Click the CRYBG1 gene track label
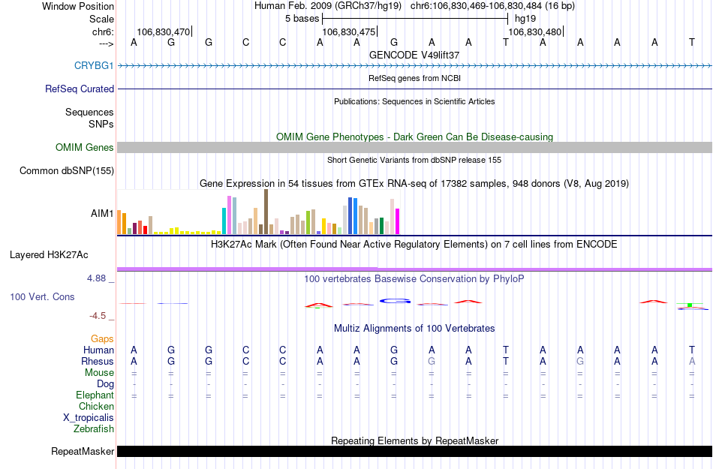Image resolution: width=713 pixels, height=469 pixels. pos(94,66)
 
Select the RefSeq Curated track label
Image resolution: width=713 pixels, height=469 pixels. pos(80,89)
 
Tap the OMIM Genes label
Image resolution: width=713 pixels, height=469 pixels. pos(85,148)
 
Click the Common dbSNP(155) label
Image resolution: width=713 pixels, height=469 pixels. pos(67,171)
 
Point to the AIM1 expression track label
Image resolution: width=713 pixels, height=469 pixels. pos(103,214)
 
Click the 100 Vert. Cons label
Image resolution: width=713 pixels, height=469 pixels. pos(42,297)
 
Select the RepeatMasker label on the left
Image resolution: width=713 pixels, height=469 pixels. pos(83,452)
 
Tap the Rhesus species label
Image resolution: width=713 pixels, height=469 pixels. pos(98,362)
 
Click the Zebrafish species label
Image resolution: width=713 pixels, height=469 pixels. pos(94,429)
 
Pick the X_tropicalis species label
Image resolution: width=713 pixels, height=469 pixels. pos(89,418)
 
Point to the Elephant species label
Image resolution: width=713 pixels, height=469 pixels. pos(95,395)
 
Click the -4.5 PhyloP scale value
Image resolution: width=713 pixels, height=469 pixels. pos(101,316)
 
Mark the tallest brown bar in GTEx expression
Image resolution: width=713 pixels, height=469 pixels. pos(266,212)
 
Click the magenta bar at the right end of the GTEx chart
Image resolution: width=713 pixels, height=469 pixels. pos(397,221)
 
